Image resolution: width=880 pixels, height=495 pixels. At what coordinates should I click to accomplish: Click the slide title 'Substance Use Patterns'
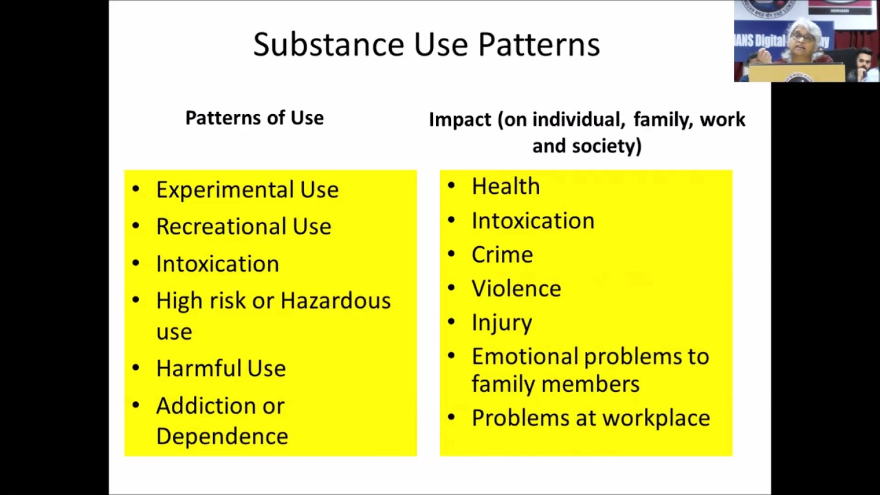(x=426, y=45)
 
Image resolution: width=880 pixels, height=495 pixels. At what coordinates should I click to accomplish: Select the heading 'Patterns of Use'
(x=254, y=118)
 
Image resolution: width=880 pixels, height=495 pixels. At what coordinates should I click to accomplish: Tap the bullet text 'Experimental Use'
(x=247, y=190)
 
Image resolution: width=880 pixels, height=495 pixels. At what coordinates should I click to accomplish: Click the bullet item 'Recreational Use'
(x=243, y=227)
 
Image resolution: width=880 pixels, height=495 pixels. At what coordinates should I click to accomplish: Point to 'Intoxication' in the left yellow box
(x=217, y=264)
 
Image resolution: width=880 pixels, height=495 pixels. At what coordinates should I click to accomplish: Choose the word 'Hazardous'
(x=335, y=301)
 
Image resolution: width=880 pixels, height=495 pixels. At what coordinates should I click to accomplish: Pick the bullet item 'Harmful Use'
(x=221, y=368)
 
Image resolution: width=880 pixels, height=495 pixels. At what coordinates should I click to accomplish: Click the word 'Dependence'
(x=221, y=437)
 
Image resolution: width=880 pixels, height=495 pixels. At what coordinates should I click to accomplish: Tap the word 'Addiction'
(x=200, y=406)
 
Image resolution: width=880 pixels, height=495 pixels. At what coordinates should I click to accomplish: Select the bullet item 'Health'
(x=505, y=186)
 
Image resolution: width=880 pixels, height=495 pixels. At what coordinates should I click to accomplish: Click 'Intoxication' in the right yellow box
(x=533, y=221)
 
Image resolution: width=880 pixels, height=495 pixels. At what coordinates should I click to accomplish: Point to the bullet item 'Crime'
(x=502, y=255)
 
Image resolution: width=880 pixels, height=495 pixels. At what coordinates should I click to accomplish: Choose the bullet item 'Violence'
(x=516, y=289)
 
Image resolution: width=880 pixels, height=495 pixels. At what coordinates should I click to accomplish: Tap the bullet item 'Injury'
(x=501, y=323)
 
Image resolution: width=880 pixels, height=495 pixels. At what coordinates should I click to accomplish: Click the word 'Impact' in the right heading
(x=461, y=120)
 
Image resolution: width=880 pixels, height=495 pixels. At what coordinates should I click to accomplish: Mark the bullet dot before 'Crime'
(x=451, y=254)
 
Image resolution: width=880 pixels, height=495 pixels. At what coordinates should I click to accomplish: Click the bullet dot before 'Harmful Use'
(x=135, y=367)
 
